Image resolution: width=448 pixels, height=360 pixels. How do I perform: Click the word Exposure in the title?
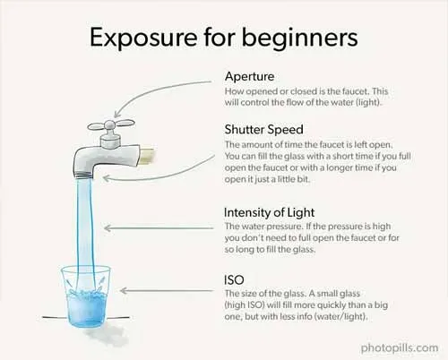143,38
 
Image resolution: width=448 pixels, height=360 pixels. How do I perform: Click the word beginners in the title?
299,39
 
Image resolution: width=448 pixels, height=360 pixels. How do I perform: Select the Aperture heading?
250,77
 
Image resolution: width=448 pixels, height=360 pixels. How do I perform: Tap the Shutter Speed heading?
264,130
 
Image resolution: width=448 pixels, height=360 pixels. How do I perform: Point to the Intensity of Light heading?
269,212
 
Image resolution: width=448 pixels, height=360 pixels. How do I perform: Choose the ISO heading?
234,280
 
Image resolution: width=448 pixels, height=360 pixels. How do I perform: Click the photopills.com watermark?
400,348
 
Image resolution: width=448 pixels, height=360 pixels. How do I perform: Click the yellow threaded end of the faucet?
147,155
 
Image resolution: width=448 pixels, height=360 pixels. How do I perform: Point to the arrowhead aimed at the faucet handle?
116,114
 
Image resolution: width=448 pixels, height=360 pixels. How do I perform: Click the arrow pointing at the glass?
167,290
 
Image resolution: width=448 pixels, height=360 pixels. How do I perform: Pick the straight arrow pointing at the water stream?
159,228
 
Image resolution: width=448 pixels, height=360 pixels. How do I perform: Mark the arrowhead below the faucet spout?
106,178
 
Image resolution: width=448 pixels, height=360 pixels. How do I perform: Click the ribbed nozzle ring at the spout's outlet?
84,176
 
